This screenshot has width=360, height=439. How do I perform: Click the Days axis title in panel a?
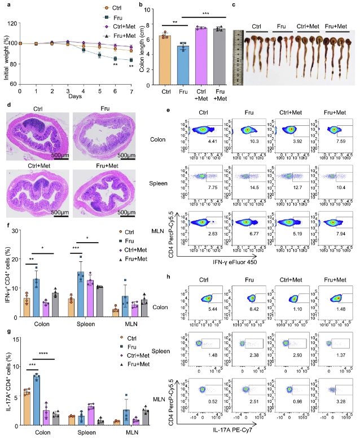76,96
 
